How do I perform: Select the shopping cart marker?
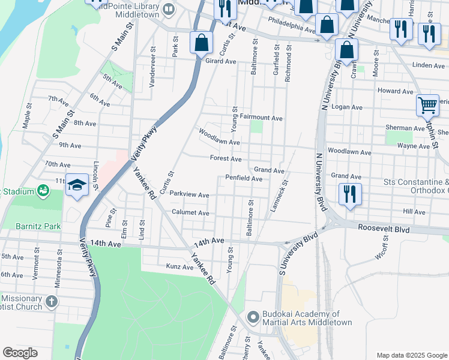click(x=427, y=106)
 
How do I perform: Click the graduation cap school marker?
click(x=77, y=185)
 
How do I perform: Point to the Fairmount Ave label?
click(x=261, y=118)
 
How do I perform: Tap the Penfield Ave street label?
click(x=244, y=178)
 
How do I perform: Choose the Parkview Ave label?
click(x=189, y=194)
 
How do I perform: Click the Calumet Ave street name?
click(x=190, y=213)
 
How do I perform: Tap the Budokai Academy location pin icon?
click(x=253, y=317)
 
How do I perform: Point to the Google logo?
click(x=20, y=353)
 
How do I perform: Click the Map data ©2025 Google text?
click(x=411, y=355)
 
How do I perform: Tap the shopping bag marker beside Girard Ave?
click(x=200, y=43)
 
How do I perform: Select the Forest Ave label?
click(x=226, y=158)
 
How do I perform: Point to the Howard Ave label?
click(x=395, y=91)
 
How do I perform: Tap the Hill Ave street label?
click(x=414, y=212)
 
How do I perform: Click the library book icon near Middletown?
click(x=169, y=9)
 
